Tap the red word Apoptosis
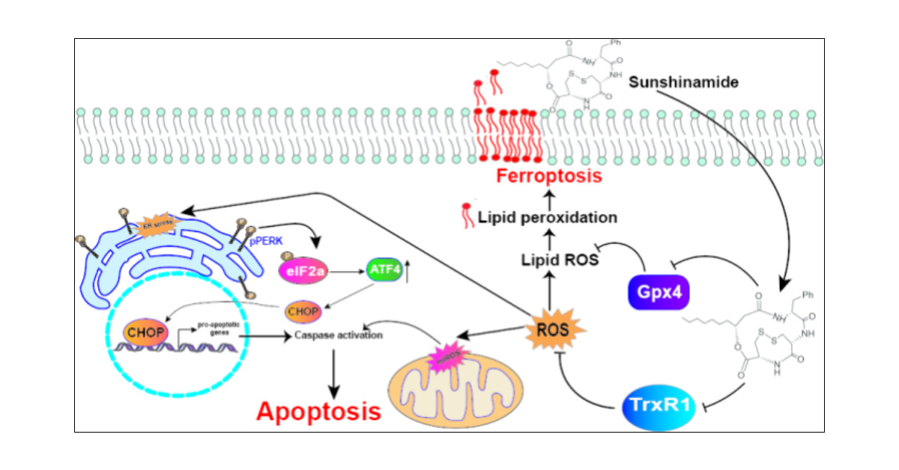318,411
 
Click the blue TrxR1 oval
659,409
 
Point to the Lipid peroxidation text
548,219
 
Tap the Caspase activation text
339,335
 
